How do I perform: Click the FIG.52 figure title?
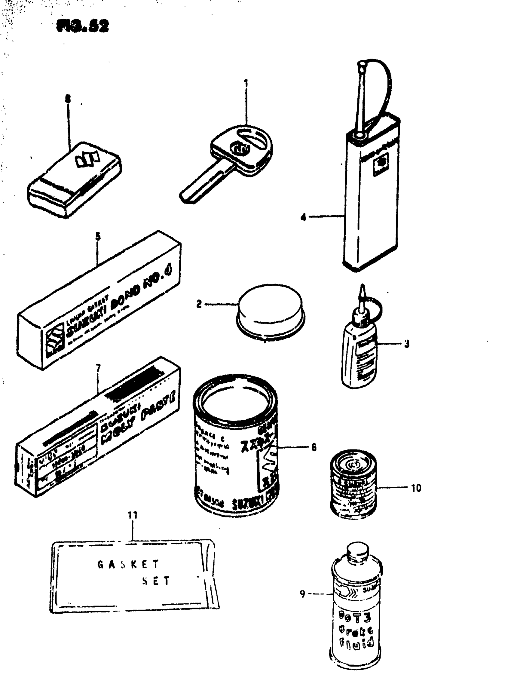(x=83, y=27)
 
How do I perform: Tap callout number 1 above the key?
(x=246, y=84)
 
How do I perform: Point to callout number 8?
(x=68, y=99)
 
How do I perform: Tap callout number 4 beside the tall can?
(x=304, y=217)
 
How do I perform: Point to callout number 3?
(x=407, y=344)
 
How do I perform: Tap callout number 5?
(x=98, y=237)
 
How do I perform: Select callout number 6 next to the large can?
(x=314, y=447)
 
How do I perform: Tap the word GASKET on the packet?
(x=128, y=564)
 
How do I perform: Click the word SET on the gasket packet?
(x=156, y=581)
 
